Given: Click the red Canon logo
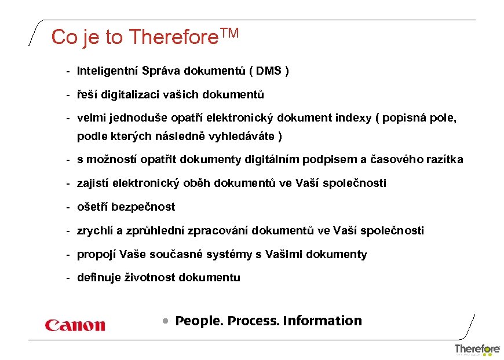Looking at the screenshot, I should pyautogui.click(x=75, y=325).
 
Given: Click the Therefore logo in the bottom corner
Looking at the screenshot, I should pyautogui.click(x=477, y=349).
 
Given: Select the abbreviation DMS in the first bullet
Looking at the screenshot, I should pyautogui.click(x=268, y=71).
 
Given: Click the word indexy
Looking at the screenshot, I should pyautogui.click(x=353, y=118).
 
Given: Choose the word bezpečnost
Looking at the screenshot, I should pyautogui.click(x=143, y=207).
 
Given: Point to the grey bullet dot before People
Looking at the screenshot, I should pyautogui.click(x=166, y=321).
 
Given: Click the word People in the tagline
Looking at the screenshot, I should pyautogui.click(x=198, y=321).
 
